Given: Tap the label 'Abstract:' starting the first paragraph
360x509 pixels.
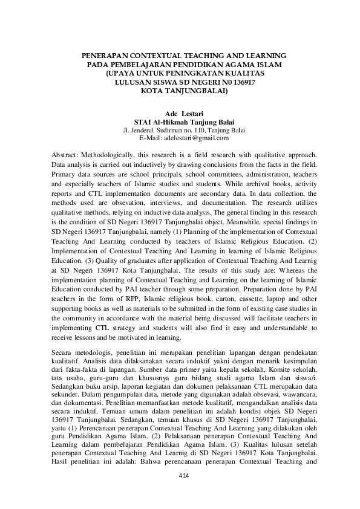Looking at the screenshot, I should [67, 154].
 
